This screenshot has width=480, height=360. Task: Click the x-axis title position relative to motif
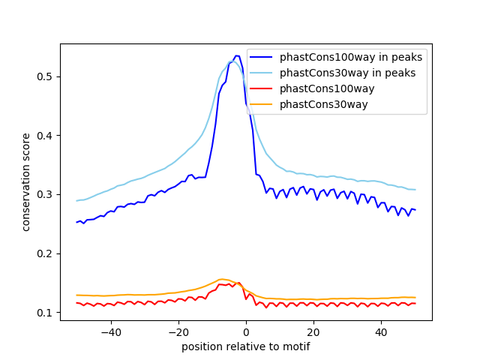(245, 346)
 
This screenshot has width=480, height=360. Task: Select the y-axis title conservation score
(26, 181)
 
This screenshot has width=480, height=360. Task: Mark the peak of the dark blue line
(237, 55)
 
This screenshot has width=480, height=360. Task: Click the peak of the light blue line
(232, 61)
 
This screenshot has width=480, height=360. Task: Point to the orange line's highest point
(222, 279)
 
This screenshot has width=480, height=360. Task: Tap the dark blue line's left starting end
(77, 222)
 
